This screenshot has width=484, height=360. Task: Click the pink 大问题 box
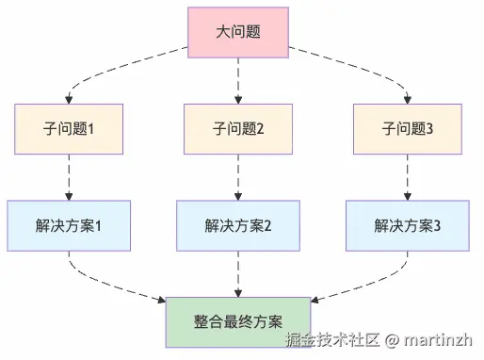[237, 33]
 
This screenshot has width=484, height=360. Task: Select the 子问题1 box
[69, 129]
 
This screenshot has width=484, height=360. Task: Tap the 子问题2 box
[237, 129]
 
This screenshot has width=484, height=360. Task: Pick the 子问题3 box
[408, 129]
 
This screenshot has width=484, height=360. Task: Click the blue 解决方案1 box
[69, 225]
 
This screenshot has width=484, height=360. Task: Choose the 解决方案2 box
[237, 225]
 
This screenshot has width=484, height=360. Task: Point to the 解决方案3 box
[408, 225]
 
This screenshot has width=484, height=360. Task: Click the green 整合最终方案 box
[237, 321]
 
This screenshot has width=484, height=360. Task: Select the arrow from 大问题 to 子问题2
[237, 80]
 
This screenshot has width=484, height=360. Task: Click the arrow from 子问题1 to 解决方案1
[69, 177]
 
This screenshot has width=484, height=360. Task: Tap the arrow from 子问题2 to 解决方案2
[237, 177]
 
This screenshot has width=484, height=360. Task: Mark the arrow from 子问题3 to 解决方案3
[408, 177]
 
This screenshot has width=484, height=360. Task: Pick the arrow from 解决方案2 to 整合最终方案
[237, 273]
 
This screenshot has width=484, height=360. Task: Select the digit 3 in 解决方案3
[437, 226]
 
